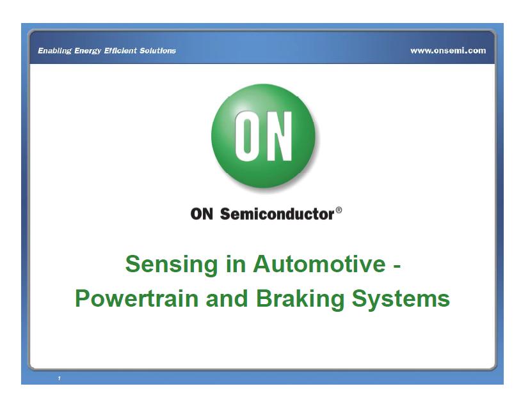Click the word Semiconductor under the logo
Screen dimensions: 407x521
pyautogui.click(x=277, y=214)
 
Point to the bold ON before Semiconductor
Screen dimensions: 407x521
pyautogui.click(x=203, y=214)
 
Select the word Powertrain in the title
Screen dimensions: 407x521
pyautogui.click(x=136, y=298)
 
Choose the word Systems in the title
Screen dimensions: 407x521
pyautogui.click(x=405, y=299)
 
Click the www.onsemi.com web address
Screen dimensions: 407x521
pyautogui.click(x=448, y=50)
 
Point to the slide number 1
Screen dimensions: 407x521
pyautogui.click(x=58, y=379)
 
